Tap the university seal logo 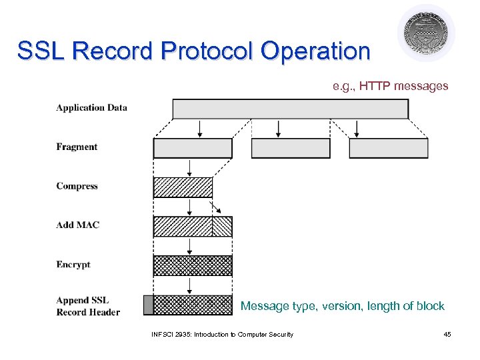(426, 33)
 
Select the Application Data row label (91, 107)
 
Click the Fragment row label (77, 147)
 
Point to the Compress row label (77, 186)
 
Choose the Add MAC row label (77, 225)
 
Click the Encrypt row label (73, 265)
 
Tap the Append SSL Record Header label (88, 306)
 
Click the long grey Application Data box (290, 109)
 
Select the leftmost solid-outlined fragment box (193, 148)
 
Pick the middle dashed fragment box (290, 148)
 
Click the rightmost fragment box (388, 148)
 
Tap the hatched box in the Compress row (183, 187)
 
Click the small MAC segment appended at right (222, 227)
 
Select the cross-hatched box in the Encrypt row (193, 265)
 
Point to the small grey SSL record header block (148, 305)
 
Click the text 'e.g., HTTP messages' (391, 86)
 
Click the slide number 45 (447, 334)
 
